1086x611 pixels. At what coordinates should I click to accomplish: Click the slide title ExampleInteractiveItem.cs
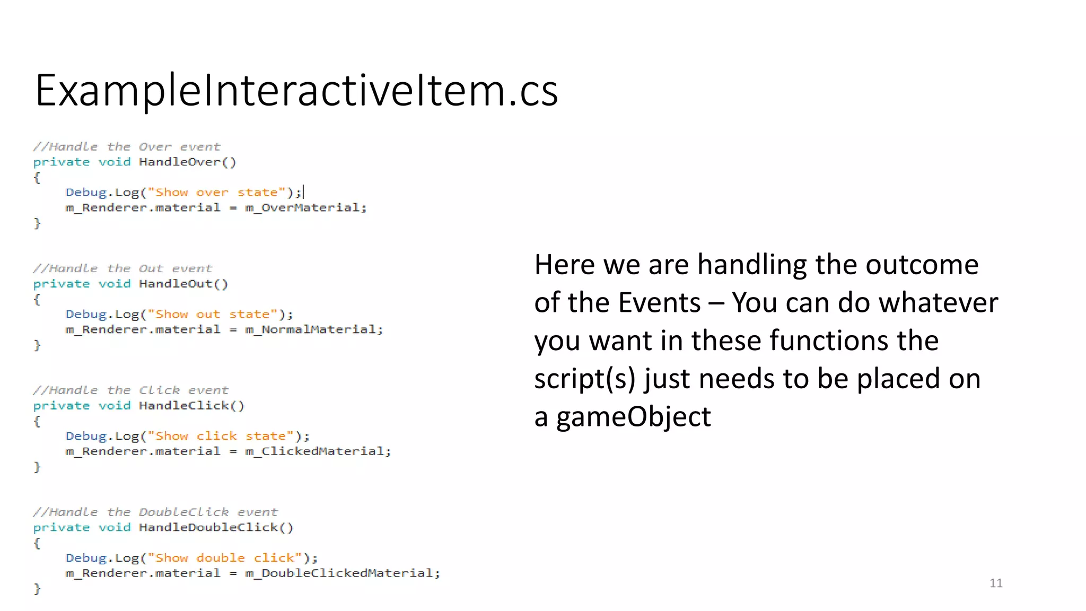click(x=296, y=90)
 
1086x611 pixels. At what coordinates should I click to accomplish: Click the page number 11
click(x=996, y=583)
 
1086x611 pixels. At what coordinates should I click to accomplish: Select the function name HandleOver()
click(x=187, y=162)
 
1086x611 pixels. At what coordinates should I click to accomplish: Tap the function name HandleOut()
click(x=183, y=284)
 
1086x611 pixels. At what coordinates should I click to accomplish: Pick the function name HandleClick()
click(x=191, y=406)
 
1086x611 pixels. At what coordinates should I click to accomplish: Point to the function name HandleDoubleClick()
click(x=216, y=527)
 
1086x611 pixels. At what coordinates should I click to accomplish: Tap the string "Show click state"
click(x=221, y=436)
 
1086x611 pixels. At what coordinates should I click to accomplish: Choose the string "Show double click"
click(x=225, y=558)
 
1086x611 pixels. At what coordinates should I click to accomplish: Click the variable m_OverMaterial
click(x=305, y=207)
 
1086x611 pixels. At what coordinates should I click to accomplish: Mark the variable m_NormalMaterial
click(x=313, y=329)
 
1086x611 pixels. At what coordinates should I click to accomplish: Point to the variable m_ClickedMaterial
click(x=317, y=451)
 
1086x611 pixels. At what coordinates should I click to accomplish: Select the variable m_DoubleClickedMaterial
click(x=341, y=573)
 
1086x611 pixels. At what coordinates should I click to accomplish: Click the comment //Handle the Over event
click(x=126, y=146)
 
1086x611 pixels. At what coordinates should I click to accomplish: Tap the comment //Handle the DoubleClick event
click(x=155, y=512)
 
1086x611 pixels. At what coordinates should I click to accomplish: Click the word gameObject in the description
click(x=633, y=417)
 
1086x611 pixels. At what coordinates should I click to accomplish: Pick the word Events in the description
click(x=659, y=303)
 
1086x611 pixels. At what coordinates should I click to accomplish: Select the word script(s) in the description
click(x=584, y=379)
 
